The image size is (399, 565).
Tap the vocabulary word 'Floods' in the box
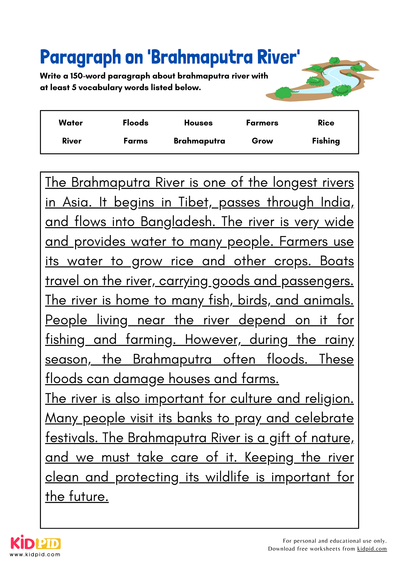click(135, 123)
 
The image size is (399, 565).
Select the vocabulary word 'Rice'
click(326, 123)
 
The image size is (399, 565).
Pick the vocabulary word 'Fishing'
click(326, 141)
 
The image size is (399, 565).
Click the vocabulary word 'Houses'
click(198, 123)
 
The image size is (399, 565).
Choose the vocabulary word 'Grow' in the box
click(262, 141)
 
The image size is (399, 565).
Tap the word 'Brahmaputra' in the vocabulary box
click(199, 141)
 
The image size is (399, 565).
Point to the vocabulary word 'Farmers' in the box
click(262, 123)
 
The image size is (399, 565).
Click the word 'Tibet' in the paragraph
click(194, 202)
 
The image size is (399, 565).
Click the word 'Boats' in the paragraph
click(337, 261)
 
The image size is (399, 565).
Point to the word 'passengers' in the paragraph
click(317, 281)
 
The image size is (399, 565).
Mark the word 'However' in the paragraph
click(212, 340)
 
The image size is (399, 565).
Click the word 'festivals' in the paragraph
click(71, 438)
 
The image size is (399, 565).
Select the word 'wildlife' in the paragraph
click(227, 477)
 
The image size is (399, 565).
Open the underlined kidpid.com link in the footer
click(372, 549)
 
